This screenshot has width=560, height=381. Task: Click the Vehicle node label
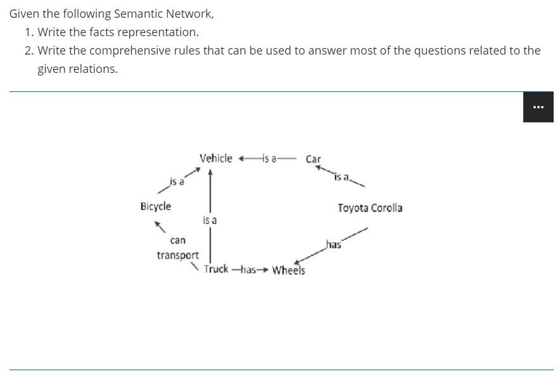click(x=215, y=158)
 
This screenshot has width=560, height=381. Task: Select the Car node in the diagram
click(x=314, y=159)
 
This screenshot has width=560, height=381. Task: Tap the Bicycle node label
click(x=155, y=206)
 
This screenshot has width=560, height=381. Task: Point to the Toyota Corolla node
click(x=370, y=208)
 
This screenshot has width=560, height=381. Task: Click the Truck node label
click(x=216, y=269)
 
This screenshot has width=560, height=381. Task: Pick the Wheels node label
click(x=288, y=271)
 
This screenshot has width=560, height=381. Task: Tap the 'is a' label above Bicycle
click(x=177, y=182)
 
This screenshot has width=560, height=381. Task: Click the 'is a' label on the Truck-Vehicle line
click(x=210, y=220)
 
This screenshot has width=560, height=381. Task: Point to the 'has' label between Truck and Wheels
click(x=248, y=269)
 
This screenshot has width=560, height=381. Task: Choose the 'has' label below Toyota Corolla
click(x=333, y=245)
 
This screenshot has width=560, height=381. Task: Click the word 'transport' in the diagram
click(x=178, y=255)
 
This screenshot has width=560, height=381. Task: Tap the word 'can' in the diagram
click(x=178, y=240)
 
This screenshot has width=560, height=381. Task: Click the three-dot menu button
click(x=538, y=107)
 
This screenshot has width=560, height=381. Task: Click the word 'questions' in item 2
click(x=438, y=50)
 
